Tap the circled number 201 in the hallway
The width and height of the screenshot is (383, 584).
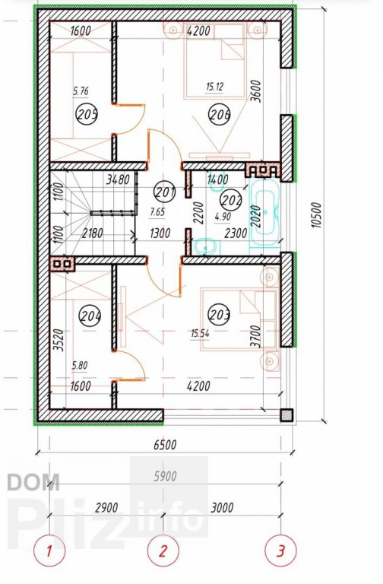click(164, 192)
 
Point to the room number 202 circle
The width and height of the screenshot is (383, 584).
click(231, 201)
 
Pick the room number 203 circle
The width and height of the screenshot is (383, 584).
click(219, 315)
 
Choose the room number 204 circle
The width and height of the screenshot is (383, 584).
click(90, 316)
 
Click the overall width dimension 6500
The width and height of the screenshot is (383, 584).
click(165, 444)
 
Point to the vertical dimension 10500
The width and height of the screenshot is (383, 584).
click(315, 215)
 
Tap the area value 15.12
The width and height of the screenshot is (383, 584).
click(214, 87)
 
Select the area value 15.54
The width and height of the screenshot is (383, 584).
click(201, 333)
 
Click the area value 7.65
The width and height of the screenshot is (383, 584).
click(158, 212)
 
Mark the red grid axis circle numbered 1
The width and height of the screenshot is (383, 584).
click(49, 550)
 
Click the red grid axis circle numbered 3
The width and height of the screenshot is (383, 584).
click(280, 550)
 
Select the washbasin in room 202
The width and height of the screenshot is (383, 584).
click(206, 246)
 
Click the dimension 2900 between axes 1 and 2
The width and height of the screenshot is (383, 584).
click(106, 508)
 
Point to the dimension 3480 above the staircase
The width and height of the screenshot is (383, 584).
click(118, 180)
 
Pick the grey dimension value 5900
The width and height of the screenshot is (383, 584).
click(165, 476)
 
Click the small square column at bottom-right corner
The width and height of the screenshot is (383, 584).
click(286, 415)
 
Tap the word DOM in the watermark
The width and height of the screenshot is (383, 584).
click(33, 482)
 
